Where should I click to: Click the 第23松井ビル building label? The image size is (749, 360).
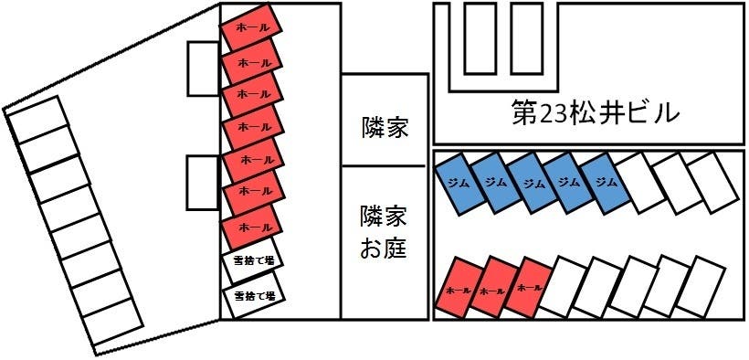pos(595,113)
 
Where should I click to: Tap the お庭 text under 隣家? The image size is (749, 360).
pos(384,248)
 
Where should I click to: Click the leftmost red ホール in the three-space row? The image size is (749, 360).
pos(461,289)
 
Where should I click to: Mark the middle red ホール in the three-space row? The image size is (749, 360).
pos(495,289)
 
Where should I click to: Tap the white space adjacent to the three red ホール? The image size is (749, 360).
pos(568,287)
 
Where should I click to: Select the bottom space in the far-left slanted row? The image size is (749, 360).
pos(112,319)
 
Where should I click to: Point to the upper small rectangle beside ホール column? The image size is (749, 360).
pos(203,68)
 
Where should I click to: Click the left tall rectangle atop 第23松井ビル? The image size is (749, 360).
pos(480,38)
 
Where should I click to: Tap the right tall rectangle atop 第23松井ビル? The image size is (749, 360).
pos(527,38)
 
